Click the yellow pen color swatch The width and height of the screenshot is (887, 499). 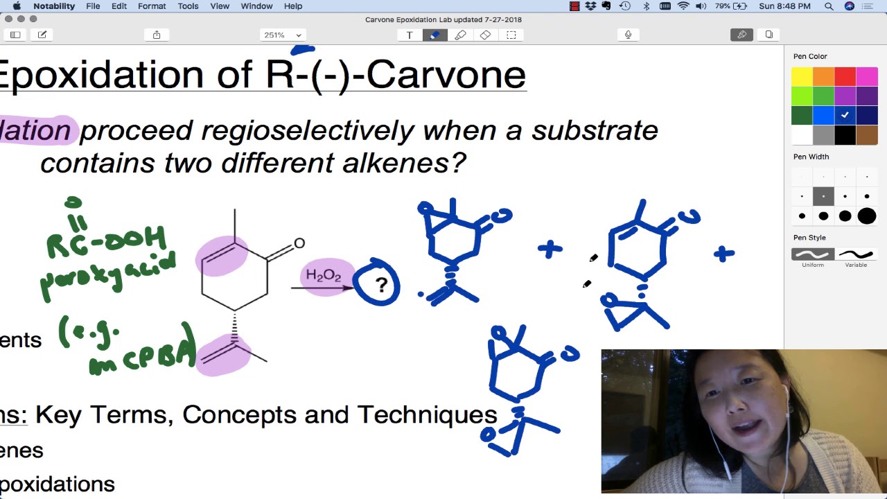(802, 77)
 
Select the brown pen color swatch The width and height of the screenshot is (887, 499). (867, 134)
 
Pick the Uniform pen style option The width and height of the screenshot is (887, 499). (813, 254)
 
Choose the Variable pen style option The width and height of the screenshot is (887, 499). (856, 254)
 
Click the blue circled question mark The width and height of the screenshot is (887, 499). (378, 283)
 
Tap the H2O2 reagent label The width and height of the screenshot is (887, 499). (323, 276)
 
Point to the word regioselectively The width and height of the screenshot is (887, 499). (307, 130)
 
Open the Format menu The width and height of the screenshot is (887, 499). (152, 6)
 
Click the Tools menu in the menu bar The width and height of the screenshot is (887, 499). (188, 6)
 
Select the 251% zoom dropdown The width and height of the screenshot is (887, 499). (282, 35)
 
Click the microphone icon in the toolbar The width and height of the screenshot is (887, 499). (628, 35)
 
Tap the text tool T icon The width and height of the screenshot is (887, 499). (410, 35)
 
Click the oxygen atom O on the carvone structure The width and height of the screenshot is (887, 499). (299, 243)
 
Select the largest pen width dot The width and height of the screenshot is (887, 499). (867, 216)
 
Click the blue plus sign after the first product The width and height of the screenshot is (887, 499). (550, 249)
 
